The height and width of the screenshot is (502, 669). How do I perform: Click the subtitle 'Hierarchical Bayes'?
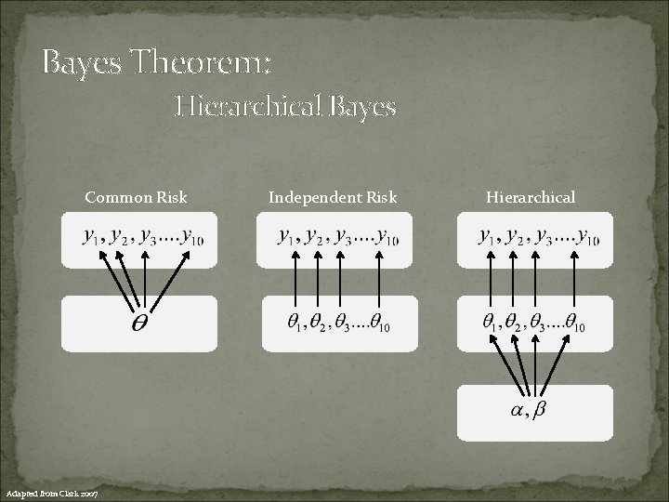click(286, 108)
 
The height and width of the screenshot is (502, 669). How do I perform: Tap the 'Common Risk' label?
click(136, 197)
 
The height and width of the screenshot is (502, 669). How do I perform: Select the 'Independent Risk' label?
click(333, 197)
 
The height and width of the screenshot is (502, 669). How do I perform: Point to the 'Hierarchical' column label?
click(531, 197)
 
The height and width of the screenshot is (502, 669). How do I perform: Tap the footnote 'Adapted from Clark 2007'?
click(59, 491)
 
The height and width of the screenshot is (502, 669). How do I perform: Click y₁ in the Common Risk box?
click(91, 238)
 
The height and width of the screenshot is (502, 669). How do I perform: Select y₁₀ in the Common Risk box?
click(192, 238)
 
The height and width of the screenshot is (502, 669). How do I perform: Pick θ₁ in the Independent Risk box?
click(294, 323)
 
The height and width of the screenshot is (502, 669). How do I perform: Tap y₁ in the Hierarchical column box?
click(486, 238)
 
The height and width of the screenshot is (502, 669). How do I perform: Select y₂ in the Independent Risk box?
click(318, 238)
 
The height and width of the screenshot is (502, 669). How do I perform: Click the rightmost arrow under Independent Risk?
click(375, 279)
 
